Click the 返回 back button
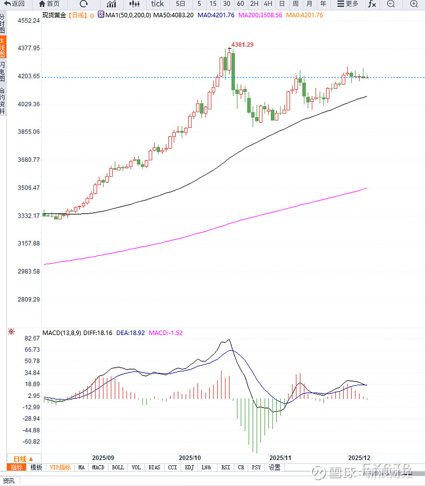coord(14,4)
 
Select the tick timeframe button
coord(157,4)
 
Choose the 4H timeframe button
coord(268,4)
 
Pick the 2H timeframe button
coord(254,4)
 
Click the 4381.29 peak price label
coord(242,45)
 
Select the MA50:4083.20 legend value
coord(173,15)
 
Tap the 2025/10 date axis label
coord(190,457)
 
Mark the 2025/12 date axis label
coord(359,457)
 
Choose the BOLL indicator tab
coord(117,467)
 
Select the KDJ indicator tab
coord(189,467)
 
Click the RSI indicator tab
coord(225,467)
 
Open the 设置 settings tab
coord(274,467)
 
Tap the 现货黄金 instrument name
coord(54,15)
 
